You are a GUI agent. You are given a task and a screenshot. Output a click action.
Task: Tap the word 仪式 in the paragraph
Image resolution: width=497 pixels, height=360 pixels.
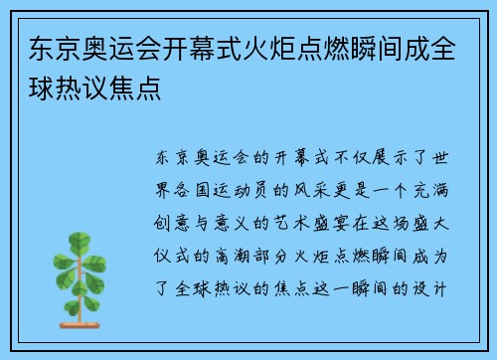(168, 234)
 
